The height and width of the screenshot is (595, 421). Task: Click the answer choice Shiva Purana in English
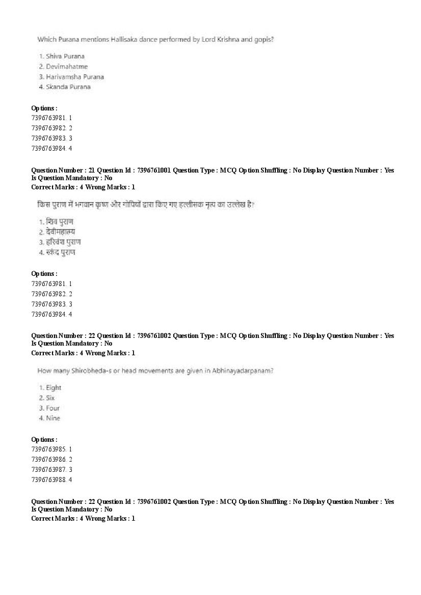pyautogui.click(x=65, y=56)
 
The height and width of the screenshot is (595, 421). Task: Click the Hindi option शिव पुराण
pyautogui.click(x=60, y=221)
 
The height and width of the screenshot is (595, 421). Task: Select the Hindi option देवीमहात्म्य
pyautogui.click(x=61, y=232)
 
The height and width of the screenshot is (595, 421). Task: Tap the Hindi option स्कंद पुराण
pyautogui.click(x=61, y=252)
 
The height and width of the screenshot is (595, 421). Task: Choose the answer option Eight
pyautogui.click(x=54, y=388)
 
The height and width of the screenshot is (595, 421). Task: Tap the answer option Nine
pyautogui.click(x=52, y=418)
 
